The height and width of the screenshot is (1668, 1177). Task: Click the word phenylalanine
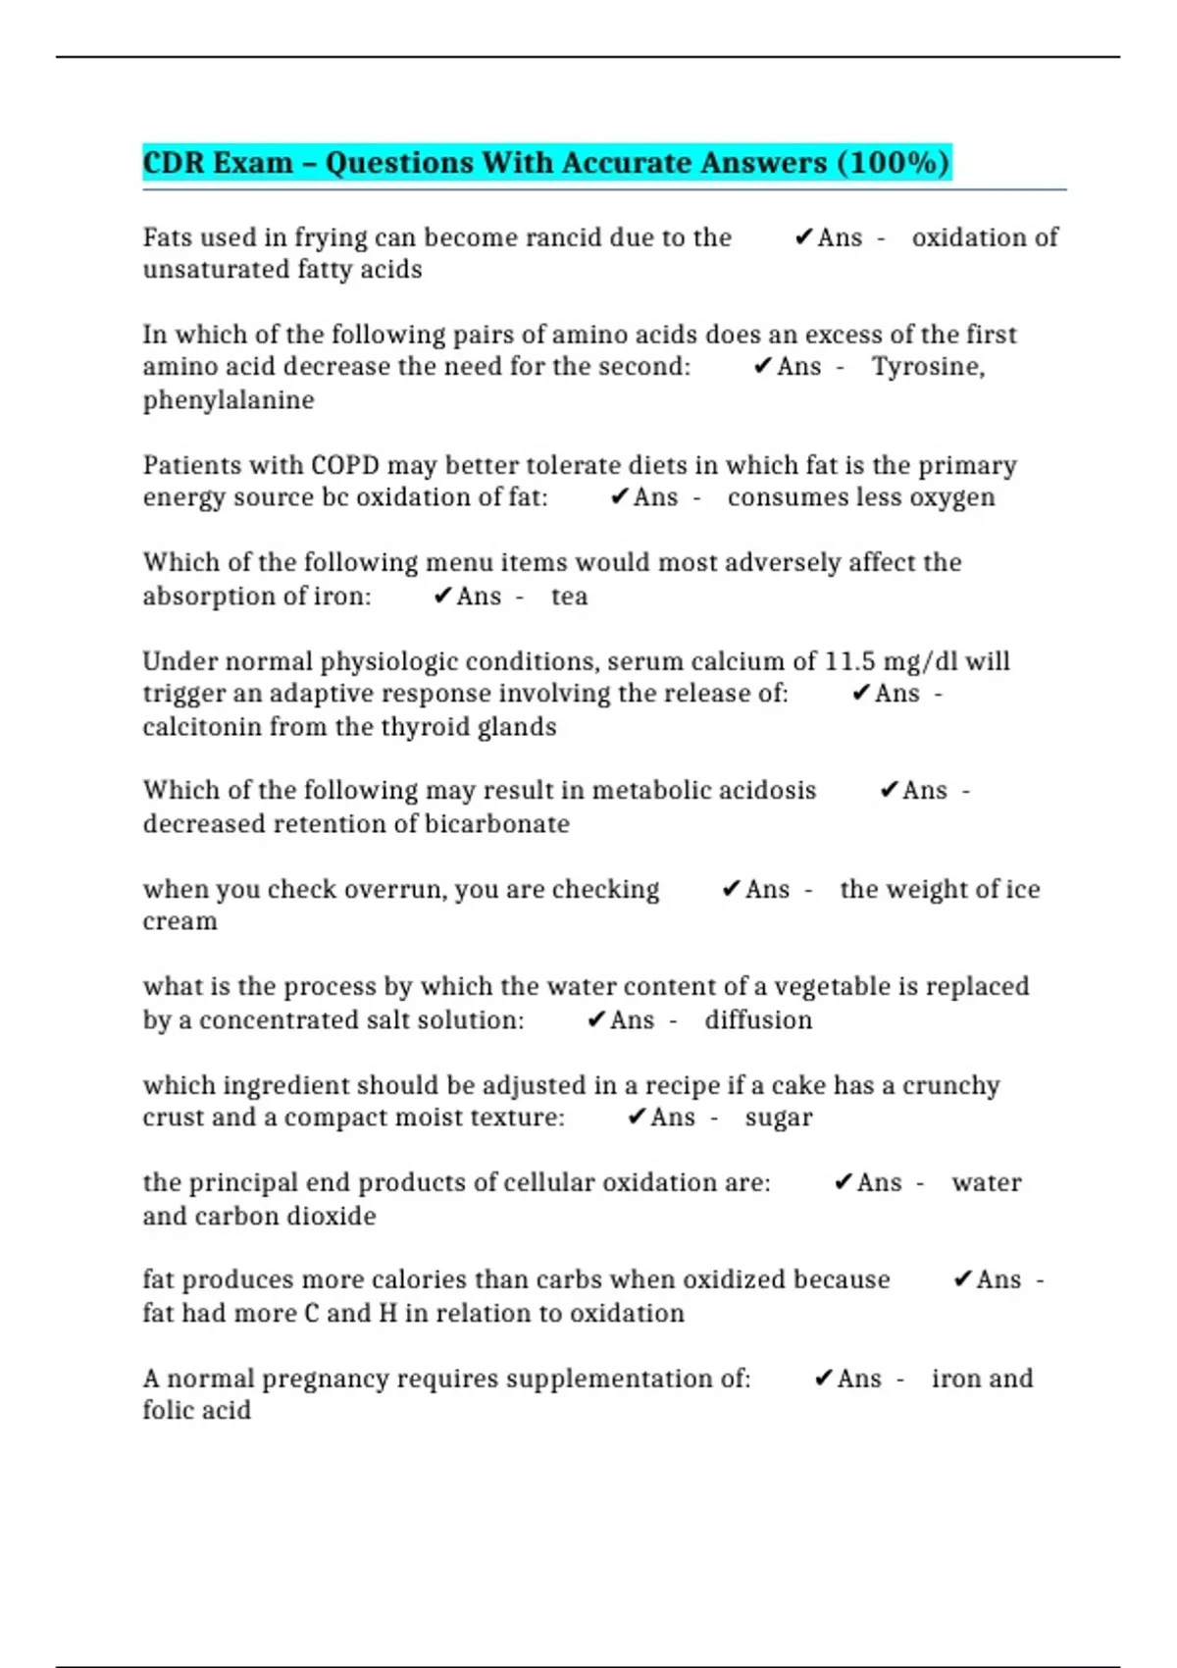pos(229,400)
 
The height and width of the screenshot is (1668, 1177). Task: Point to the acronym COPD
pos(344,465)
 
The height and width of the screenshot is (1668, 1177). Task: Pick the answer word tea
pos(569,597)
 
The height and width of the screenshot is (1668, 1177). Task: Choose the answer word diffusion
pos(758,1020)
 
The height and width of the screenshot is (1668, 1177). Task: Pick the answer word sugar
pos(779,1118)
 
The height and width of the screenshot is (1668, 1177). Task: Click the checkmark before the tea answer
pos(442,596)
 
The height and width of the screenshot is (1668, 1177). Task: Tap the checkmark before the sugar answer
pos(637,1117)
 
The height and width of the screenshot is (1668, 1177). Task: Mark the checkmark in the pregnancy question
pos(824,1378)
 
